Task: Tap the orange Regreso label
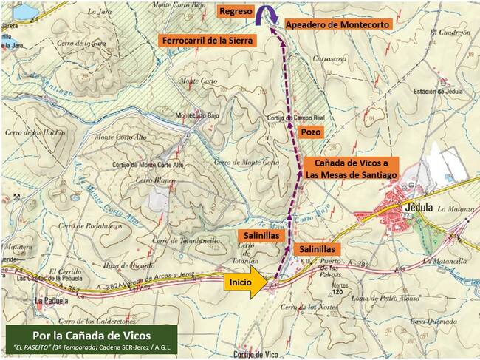236,13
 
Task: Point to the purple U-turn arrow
266,15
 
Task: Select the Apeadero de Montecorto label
337,24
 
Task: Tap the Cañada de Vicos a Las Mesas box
352,168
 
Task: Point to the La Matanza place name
456,210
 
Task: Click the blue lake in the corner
22,11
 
